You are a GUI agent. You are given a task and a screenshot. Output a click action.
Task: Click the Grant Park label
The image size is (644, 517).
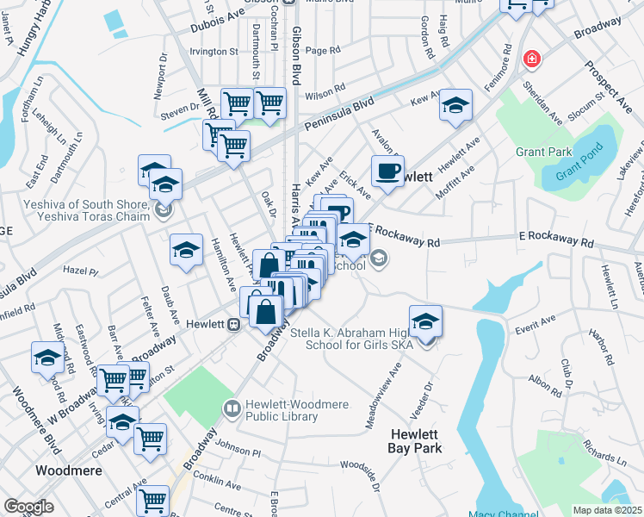(x=543, y=152)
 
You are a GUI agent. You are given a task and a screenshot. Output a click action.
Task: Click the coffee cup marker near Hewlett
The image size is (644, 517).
(x=387, y=171)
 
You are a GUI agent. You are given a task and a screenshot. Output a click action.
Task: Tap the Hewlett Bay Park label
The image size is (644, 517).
(x=415, y=441)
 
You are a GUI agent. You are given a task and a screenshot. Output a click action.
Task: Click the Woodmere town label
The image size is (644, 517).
(x=68, y=471)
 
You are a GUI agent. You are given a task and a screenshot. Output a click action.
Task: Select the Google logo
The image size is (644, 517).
(x=28, y=507)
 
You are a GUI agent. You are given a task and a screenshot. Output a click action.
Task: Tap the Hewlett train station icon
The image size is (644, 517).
(x=232, y=324)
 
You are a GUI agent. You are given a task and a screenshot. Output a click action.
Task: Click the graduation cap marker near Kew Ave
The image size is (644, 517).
(x=455, y=105)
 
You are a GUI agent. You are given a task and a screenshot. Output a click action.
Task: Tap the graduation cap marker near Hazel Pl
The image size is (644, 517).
(x=186, y=250)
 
